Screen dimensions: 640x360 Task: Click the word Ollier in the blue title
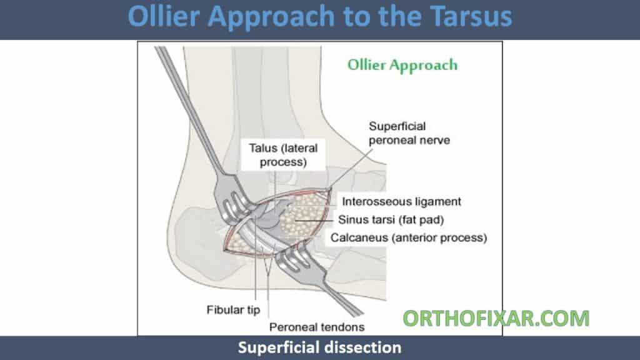pos(165,16)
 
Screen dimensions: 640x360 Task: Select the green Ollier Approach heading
pos(402,65)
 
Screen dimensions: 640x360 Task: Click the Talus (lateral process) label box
pos(283,155)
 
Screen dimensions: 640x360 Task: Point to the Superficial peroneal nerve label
pos(409,133)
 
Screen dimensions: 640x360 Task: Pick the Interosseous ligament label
pos(402,202)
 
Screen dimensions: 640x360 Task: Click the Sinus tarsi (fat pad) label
pos(391,219)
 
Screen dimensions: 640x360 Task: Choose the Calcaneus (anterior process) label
pos(409,237)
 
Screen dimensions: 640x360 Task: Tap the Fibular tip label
pos(233,310)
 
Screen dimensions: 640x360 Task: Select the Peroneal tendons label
pos(317,327)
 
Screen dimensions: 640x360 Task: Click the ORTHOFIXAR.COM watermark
pos(496,318)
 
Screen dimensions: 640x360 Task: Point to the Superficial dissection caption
pos(319,347)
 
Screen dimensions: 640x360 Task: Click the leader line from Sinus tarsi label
pos(314,221)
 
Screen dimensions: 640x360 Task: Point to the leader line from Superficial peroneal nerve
pos(351,169)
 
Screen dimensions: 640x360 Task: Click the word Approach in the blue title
pos(271,17)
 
